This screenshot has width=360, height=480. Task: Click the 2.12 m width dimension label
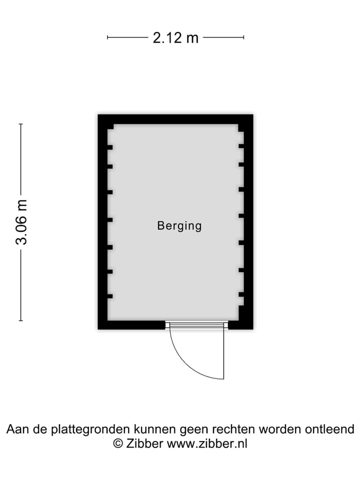point(175,37)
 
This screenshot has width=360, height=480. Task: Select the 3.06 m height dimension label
point(21,222)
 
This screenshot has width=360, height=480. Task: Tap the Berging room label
point(179,226)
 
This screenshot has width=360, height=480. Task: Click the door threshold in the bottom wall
point(197,325)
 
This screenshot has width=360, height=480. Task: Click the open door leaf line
point(224,354)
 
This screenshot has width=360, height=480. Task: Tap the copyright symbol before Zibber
point(118,443)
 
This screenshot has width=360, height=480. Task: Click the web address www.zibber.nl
point(207,443)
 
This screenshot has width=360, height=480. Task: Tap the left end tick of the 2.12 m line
point(107,37)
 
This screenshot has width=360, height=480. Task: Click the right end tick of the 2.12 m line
point(243,37)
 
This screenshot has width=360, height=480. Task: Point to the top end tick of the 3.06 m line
point(21,124)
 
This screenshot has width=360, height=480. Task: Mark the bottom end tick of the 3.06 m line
point(21,320)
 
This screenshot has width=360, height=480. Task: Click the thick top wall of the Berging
point(175,119)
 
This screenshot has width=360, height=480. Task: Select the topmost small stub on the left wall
point(110,147)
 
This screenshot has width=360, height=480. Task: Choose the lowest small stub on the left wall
point(110,296)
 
